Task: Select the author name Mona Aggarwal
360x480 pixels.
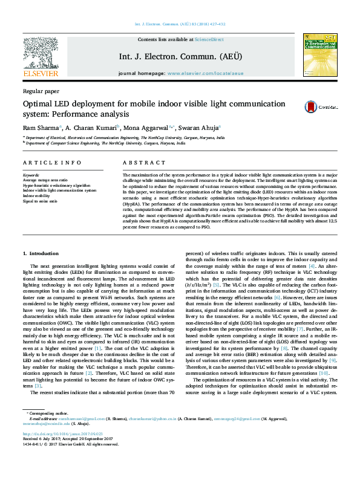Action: pos(149,128)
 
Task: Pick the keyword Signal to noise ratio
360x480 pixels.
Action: pos(41,201)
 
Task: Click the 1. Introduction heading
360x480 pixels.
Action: pos(41,252)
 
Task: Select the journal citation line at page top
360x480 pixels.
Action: pos(180,24)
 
